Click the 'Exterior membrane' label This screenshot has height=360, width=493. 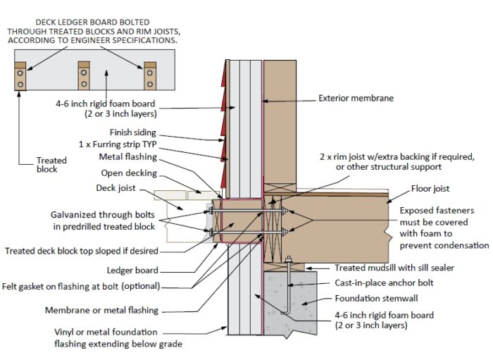(x=356, y=98)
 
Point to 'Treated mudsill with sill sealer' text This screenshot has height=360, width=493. (x=399, y=268)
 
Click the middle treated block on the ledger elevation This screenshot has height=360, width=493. (x=84, y=75)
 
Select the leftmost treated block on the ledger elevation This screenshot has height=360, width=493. (x=21, y=76)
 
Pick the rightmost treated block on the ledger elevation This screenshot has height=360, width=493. (x=149, y=75)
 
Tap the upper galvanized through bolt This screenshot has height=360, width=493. (x=243, y=210)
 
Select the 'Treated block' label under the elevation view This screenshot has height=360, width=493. (x=51, y=165)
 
